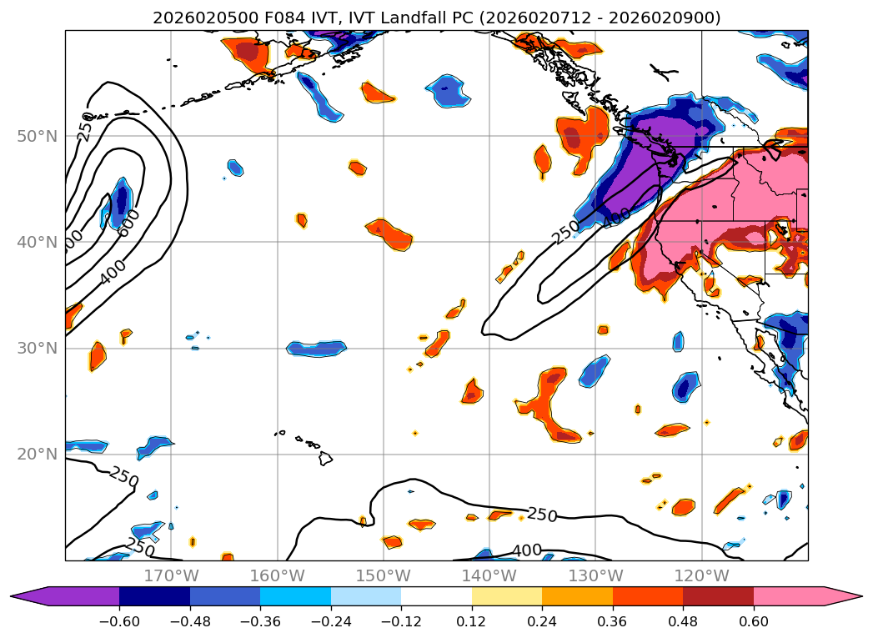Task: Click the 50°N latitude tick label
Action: (x=38, y=136)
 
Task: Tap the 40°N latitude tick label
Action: (x=38, y=242)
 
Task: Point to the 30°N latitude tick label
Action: (x=38, y=348)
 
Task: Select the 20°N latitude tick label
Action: (x=38, y=455)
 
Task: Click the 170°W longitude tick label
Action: (x=171, y=575)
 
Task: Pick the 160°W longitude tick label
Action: (x=277, y=575)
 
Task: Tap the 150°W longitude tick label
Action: (x=383, y=575)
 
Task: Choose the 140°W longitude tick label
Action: (x=489, y=575)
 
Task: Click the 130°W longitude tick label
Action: (x=595, y=575)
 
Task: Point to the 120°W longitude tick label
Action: (x=701, y=575)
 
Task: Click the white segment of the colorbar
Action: (x=436, y=596)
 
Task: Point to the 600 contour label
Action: (x=129, y=222)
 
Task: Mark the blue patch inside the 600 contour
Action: (x=122, y=200)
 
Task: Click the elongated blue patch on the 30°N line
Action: (x=316, y=349)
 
